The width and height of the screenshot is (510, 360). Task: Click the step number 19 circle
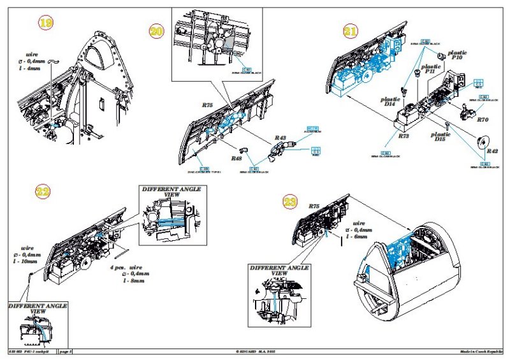45,24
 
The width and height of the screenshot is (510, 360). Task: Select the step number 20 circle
157,32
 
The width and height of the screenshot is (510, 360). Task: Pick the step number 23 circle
290,203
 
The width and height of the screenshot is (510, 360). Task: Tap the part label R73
403,136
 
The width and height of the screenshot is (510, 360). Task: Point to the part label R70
482,119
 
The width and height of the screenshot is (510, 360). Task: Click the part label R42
492,151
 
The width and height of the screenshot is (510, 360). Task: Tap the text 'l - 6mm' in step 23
356,236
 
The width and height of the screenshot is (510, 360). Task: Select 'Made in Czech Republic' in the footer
481,351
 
